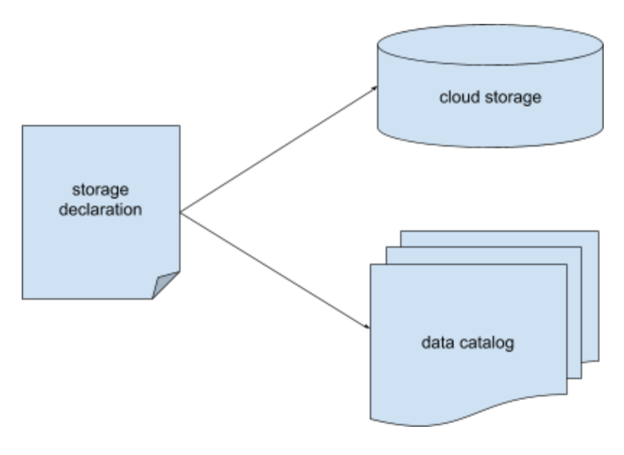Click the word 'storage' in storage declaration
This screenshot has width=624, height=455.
[x=100, y=191]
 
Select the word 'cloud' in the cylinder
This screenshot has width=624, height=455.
[x=456, y=97]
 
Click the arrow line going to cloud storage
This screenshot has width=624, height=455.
[x=278, y=149]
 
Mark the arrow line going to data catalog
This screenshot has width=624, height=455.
[x=274, y=271]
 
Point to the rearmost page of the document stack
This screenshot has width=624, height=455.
[x=589, y=289]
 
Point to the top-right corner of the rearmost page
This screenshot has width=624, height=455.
[x=599, y=232]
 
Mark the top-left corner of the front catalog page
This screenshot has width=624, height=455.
[x=370, y=265]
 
